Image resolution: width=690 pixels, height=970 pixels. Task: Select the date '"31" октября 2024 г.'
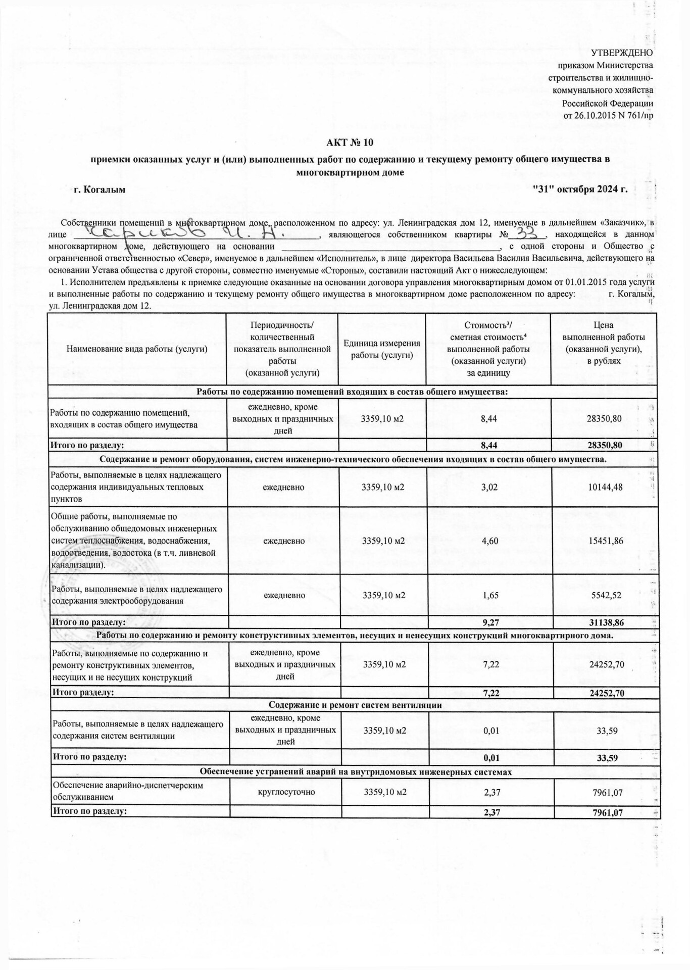point(580,190)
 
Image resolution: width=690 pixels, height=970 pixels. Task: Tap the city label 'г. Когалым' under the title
point(100,190)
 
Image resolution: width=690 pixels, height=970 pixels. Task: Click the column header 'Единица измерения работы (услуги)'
point(382,349)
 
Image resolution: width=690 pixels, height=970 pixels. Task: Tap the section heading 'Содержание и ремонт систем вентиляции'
point(355,705)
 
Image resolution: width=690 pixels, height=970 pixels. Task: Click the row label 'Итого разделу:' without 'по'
point(83,693)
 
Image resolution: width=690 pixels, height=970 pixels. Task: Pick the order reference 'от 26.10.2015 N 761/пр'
point(608,115)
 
